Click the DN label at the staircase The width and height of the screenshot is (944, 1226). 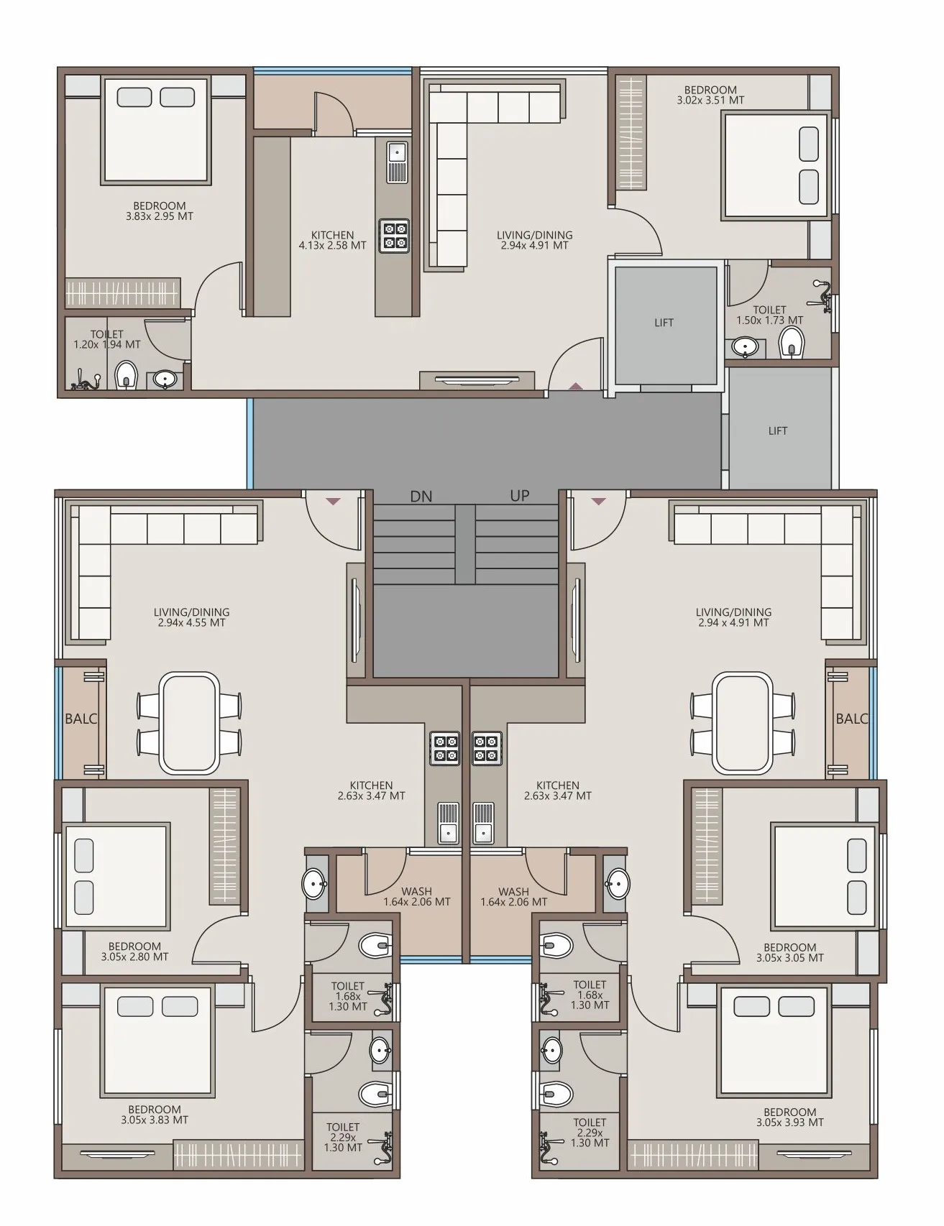click(x=421, y=497)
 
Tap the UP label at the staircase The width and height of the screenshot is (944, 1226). click(x=520, y=496)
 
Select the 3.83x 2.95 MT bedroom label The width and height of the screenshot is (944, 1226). click(x=160, y=211)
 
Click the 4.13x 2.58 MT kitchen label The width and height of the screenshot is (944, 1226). click(x=332, y=240)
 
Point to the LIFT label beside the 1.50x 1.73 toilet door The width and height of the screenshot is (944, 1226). click(x=664, y=323)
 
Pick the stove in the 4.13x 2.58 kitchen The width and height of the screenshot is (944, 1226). click(x=394, y=236)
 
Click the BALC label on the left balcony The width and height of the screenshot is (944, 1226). click(x=81, y=719)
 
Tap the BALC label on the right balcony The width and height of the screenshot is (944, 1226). click(x=852, y=719)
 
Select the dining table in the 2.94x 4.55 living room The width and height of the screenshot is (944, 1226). click(x=190, y=723)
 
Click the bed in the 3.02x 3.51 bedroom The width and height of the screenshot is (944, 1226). click(x=776, y=165)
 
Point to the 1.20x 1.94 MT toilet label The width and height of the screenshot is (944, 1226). click(x=107, y=339)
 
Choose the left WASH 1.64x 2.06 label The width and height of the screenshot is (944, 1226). click(x=417, y=897)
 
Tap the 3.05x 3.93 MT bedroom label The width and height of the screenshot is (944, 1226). click(x=790, y=1117)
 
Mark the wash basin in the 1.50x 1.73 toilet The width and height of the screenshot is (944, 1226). click(x=746, y=347)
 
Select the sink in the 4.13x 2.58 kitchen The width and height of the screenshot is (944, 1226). click(x=397, y=162)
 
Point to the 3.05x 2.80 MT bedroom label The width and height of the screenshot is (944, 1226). click(x=134, y=951)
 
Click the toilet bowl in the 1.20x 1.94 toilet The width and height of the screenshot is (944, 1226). click(x=127, y=374)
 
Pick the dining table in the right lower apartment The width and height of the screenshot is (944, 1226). click(x=743, y=723)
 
